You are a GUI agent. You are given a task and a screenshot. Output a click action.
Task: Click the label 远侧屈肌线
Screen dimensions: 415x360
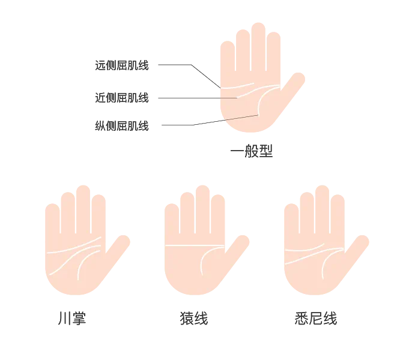point(122,65)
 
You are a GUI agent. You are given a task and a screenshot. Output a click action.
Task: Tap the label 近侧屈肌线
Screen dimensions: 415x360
point(122,98)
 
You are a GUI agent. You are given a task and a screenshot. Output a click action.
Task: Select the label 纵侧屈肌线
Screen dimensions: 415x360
point(122,126)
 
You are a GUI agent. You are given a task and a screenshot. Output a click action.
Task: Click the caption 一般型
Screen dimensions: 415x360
point(252,151)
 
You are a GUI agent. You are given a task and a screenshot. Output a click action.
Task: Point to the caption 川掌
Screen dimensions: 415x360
point(72,318)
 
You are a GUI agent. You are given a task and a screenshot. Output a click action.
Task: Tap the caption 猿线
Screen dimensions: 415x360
point(194,318)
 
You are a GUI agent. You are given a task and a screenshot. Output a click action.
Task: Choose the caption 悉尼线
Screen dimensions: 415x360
point(316,318)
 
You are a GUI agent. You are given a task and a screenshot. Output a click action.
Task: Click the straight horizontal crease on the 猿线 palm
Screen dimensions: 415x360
point(195,245)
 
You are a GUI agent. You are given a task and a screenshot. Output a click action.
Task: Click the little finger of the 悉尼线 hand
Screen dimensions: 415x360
point(291,222)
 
